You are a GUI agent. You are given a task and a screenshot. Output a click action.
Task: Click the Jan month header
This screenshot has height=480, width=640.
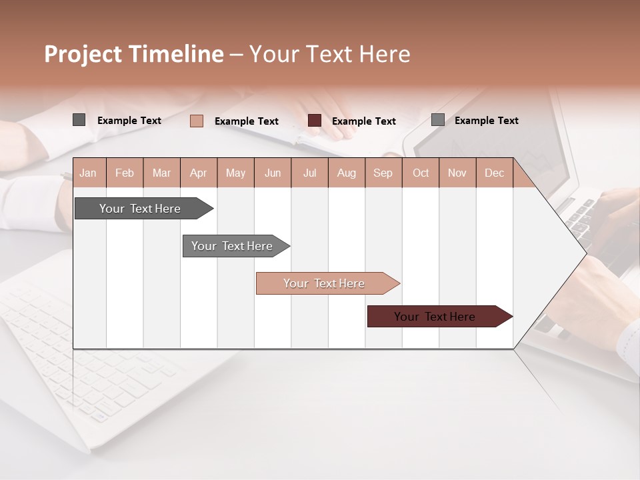point(89,173)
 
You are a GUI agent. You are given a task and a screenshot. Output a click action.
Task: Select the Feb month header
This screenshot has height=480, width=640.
point(125,173)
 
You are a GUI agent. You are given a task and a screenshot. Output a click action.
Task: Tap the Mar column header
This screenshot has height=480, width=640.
point(161,173)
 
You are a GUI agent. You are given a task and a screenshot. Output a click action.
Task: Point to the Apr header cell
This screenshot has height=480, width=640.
point(199,173)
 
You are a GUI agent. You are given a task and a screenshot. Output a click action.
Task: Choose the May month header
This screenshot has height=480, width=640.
point(235,173)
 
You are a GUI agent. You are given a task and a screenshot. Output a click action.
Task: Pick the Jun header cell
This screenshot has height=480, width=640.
point(273,173)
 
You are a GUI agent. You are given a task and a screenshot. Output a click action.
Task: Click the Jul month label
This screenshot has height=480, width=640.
point(309,173)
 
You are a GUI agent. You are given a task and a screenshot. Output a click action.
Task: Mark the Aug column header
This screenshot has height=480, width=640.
point(347,173)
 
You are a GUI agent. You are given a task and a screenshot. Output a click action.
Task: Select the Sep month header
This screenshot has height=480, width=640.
point(383,173)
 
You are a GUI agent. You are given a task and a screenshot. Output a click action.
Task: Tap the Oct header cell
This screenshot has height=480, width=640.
point(421,173)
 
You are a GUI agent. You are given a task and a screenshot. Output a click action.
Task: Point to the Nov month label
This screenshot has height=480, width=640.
point(457,173)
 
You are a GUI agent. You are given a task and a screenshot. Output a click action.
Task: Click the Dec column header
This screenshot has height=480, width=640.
point(494,173)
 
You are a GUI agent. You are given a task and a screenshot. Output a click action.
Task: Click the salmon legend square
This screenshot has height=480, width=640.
point(197,121)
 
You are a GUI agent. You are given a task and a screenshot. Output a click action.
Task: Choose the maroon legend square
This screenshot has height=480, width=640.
point(315,121)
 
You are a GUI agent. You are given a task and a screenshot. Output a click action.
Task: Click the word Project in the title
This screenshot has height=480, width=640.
point(83,54)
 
